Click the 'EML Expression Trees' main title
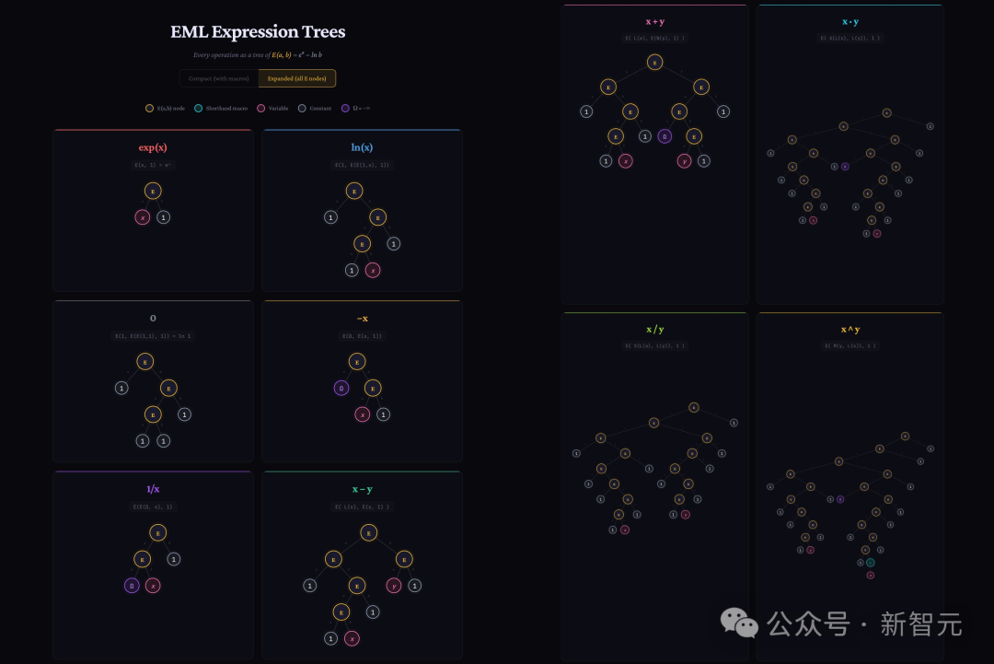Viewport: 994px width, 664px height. click(258, 31)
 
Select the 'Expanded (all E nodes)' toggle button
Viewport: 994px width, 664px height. click(296, 78)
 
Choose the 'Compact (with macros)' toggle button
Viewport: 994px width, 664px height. click(218, 78)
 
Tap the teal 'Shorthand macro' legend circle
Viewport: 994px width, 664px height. click(199, 108)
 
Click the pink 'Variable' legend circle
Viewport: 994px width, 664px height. click(260, 108)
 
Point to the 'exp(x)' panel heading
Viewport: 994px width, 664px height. click(153, 147)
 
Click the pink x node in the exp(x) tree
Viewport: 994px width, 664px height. click(143, 217)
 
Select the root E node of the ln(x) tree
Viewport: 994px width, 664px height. click(354, 191)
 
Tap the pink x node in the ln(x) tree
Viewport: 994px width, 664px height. click(372, 270)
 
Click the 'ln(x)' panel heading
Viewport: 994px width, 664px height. click(362, 147)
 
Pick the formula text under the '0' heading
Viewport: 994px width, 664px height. click(153, 336)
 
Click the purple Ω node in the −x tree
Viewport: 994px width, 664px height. click(341, 388)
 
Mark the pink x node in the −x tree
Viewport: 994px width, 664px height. click(363, 414)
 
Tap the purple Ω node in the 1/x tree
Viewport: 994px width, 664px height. click(132, 585)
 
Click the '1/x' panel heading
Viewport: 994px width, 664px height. click(153, 489)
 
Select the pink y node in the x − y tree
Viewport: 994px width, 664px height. click(394, 585)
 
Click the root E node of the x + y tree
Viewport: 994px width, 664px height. click(654, 62)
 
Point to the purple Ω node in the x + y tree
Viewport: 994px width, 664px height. click(665, 136)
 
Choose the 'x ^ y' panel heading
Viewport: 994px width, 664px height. click(850, 329)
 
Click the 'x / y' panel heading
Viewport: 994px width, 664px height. click(654, 329)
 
